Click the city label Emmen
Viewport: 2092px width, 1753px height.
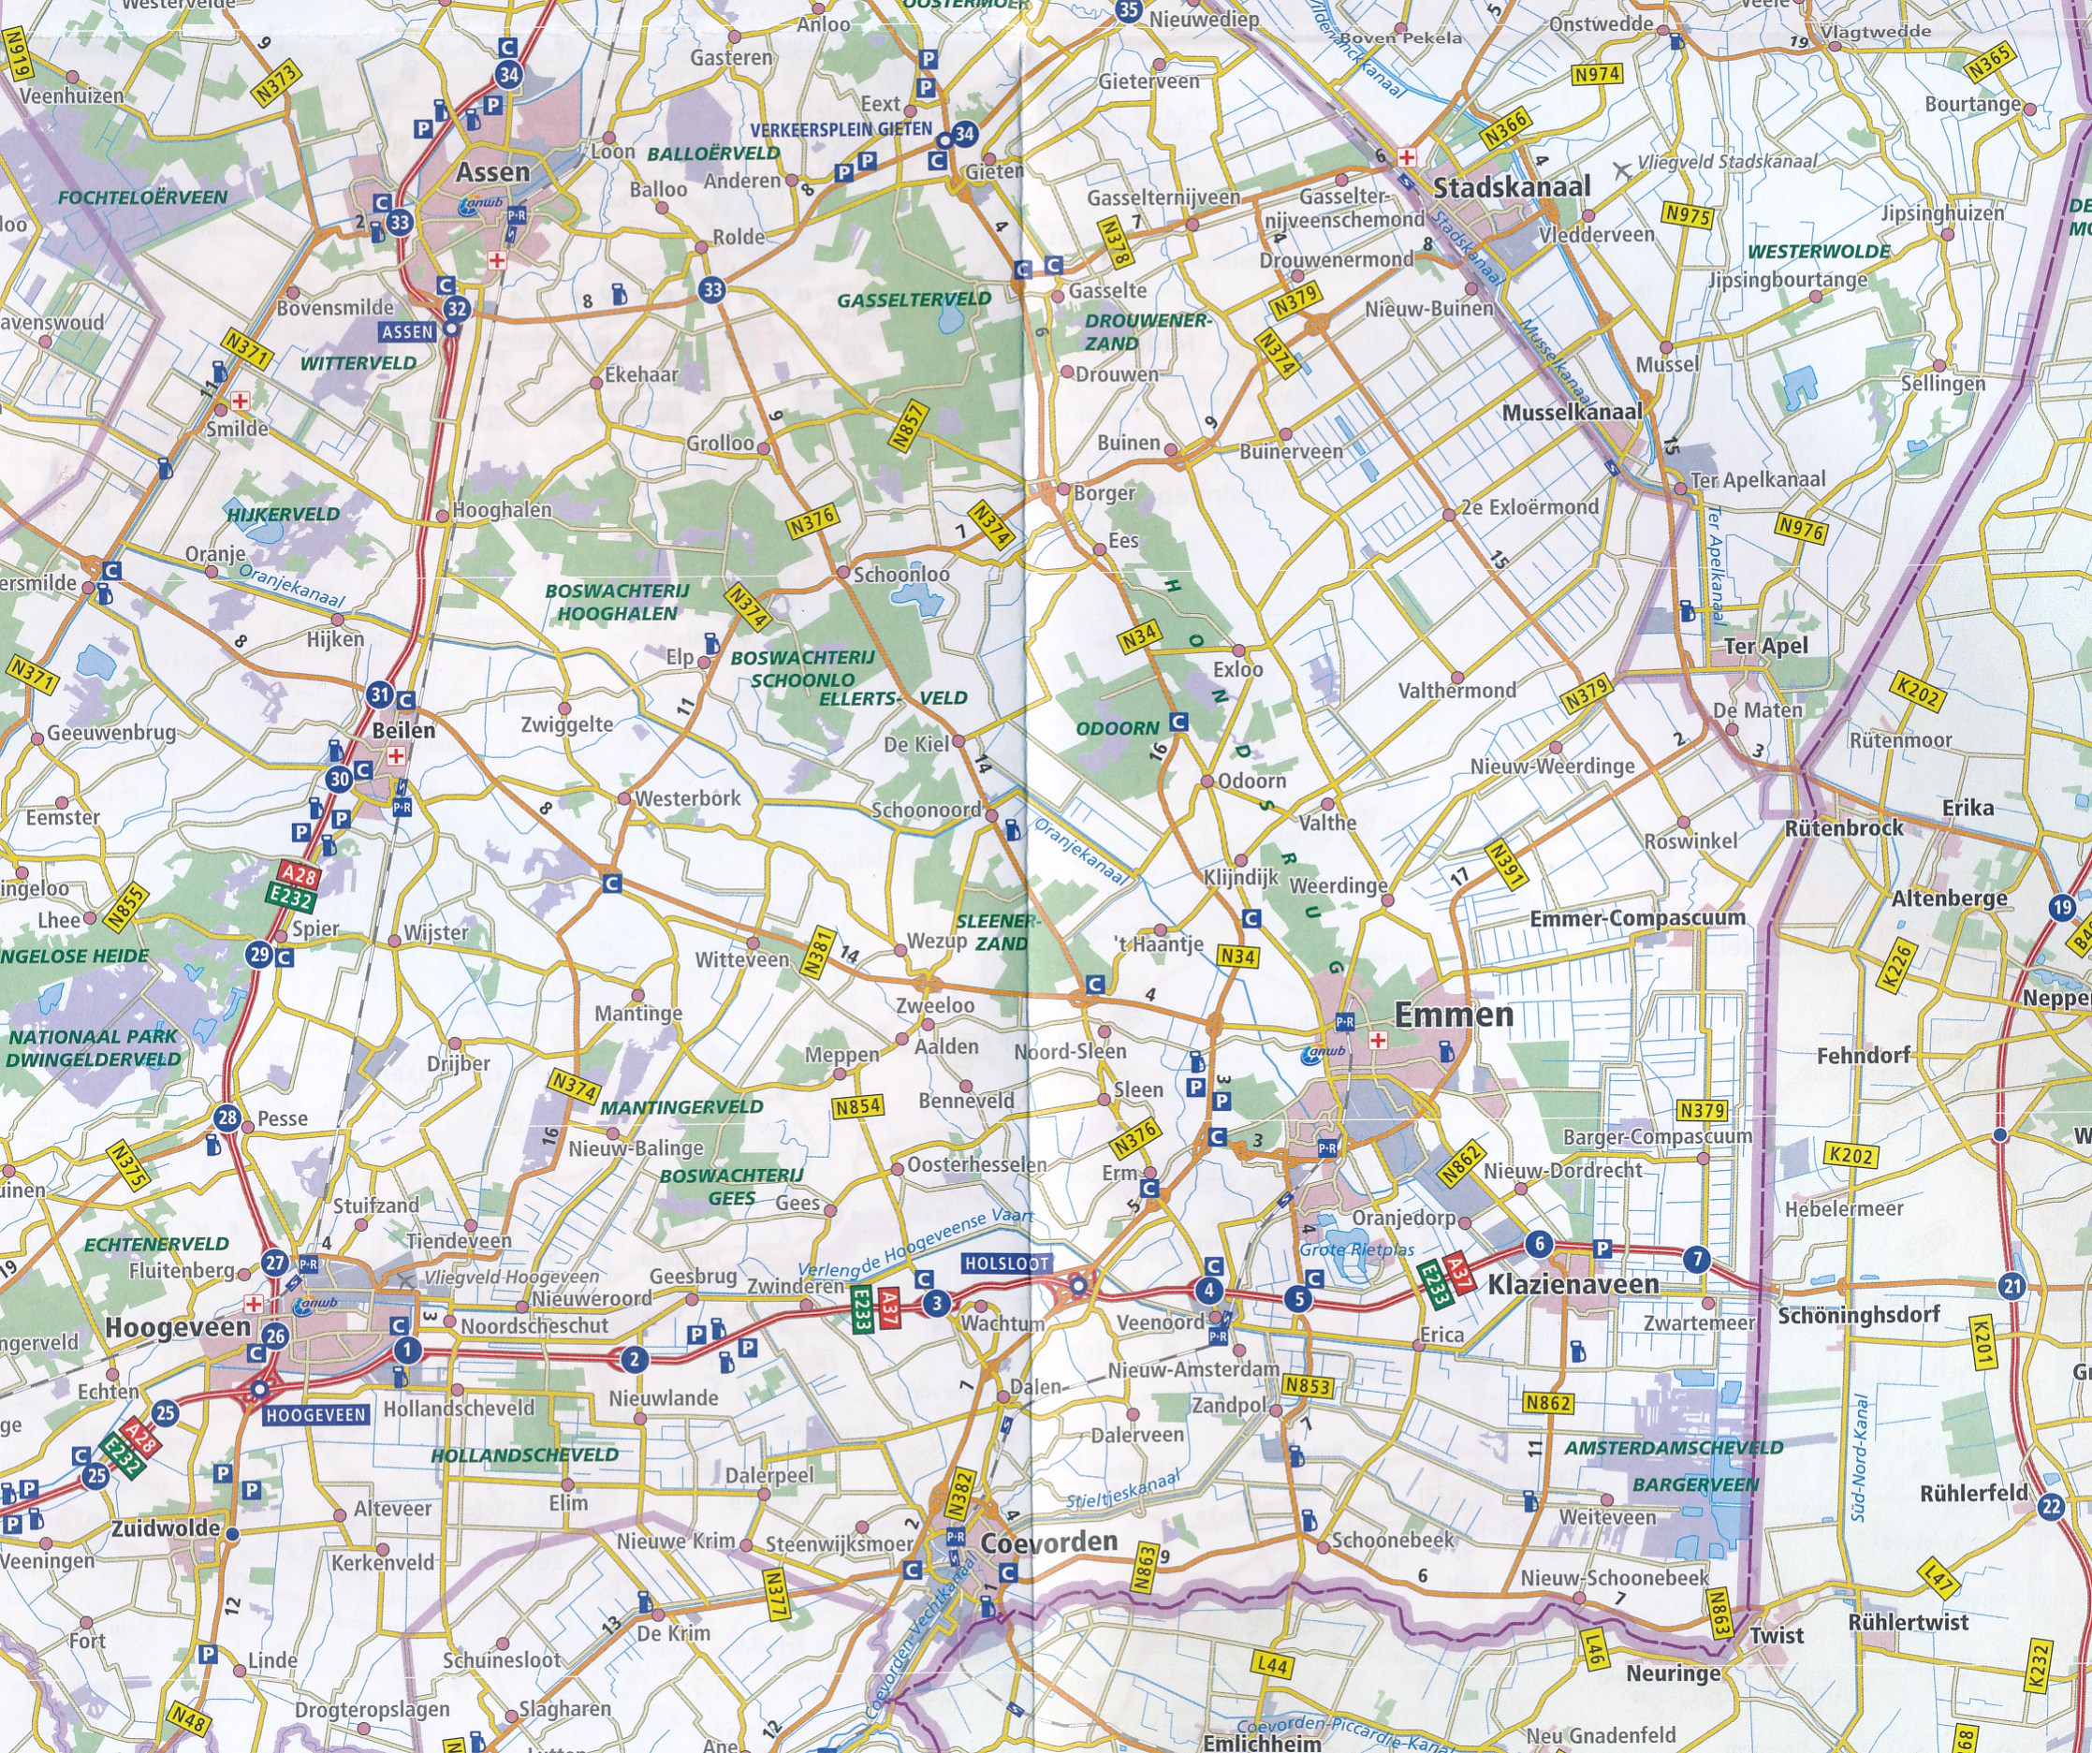point(1454,1015)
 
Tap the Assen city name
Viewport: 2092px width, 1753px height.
point(492,171)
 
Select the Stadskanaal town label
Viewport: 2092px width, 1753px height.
point(1512,186)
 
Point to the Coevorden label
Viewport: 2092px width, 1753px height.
point(1049,1541)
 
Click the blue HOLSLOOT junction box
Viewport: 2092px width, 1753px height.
point(1006,1263)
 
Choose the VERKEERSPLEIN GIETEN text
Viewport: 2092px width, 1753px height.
point(841,129)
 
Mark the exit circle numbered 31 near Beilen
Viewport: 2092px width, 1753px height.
point(378,694)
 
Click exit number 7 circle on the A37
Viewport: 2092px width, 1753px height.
point(1695,1259)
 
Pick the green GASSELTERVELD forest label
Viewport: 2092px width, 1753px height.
point(914,299)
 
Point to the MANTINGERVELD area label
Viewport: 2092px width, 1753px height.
point(681,1106)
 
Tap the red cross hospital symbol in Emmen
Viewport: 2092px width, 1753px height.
point(1379,1041)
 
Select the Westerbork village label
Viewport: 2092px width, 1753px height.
point(687,797)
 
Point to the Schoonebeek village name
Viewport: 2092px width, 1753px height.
point(1393,1539)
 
